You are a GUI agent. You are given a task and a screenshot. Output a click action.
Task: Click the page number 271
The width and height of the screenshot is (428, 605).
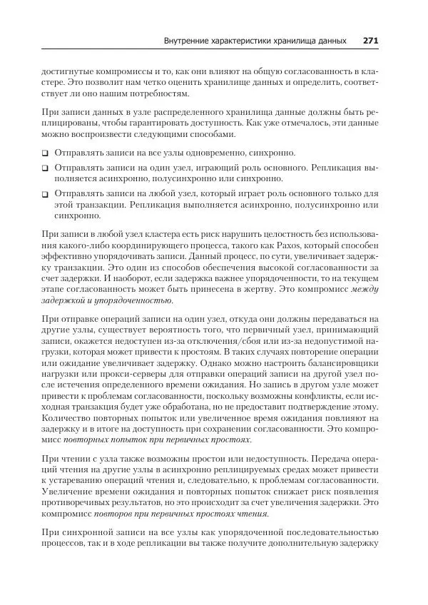[370, 41]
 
